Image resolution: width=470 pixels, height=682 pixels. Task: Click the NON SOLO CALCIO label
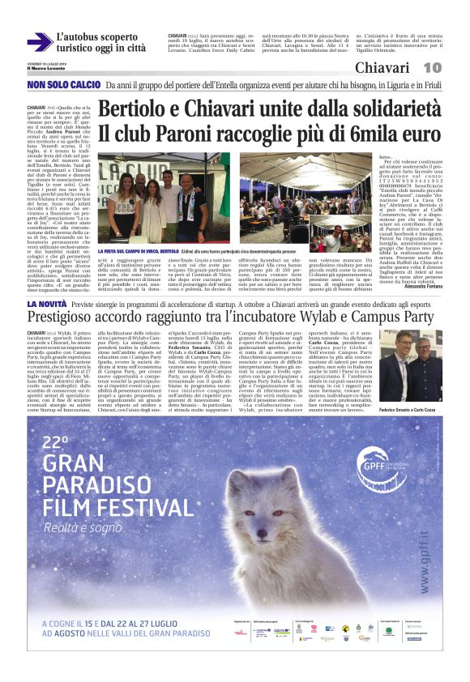point(59,84)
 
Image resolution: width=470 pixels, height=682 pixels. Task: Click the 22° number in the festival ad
point(56,443)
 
